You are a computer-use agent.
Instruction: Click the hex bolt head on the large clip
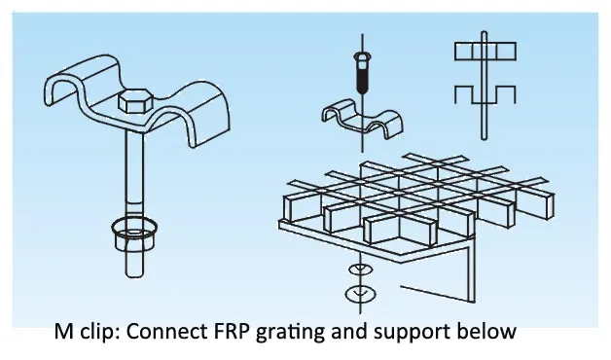135,101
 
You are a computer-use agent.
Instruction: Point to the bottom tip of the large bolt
134,276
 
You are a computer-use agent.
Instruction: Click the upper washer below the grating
360,270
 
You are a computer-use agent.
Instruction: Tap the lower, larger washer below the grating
360,294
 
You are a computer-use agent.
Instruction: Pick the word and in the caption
349,332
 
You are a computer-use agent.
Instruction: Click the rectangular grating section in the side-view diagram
485,52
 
